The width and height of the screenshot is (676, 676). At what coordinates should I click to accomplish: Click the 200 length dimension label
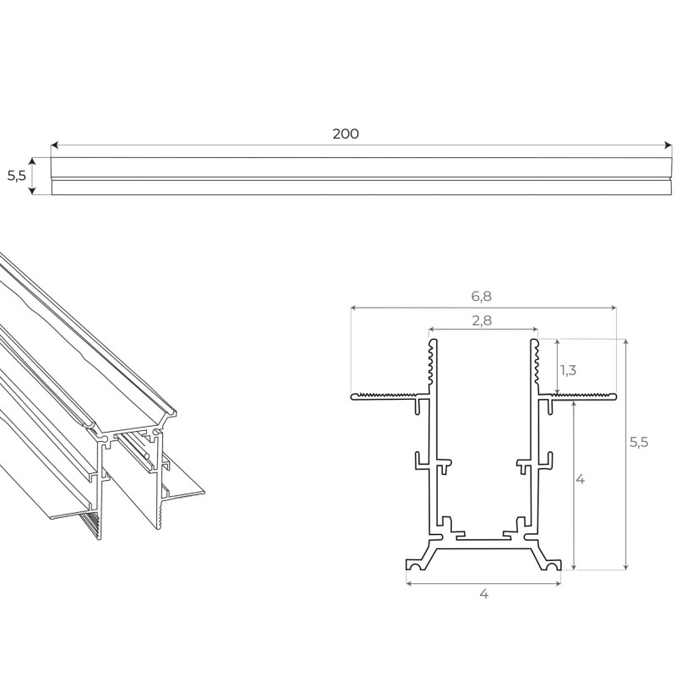coord(346,134)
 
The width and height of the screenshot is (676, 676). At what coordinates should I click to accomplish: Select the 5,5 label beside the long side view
coord(16,176)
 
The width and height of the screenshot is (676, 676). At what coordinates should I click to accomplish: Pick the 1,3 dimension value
coord(569,369)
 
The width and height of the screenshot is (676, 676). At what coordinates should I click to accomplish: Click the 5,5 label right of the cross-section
coord(639,442)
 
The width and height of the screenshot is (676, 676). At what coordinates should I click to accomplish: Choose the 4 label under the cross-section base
coord(483,594)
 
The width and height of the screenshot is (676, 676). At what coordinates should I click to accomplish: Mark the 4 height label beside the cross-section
coord(581,479)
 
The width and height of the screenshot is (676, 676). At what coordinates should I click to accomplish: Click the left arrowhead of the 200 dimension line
coord(53,145)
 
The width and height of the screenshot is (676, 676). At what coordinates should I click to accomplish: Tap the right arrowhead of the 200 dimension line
coord(669,145)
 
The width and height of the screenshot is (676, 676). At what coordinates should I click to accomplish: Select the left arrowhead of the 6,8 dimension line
coord(352,308)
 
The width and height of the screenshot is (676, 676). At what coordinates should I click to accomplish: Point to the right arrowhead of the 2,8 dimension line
coord(536,329)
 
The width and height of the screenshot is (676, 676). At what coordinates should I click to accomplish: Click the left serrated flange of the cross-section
coord(385,395)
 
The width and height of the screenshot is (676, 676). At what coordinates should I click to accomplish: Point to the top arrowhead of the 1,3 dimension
coord(557,342)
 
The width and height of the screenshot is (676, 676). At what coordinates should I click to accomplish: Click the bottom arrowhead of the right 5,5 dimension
coord(626,567)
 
